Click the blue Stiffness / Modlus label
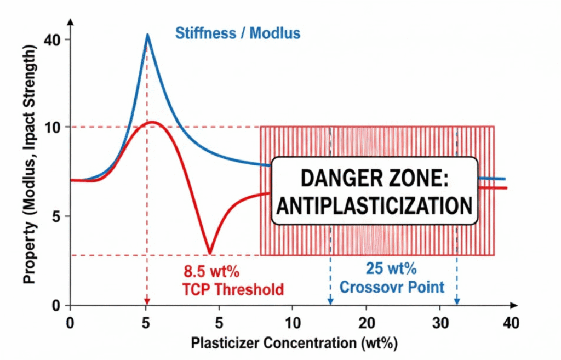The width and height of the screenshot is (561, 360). [237, 33]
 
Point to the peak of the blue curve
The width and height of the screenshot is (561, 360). [147, 35]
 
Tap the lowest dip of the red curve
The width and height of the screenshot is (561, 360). [209, 253]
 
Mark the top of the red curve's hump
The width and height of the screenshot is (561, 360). [153, 122]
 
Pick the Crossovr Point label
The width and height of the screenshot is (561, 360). [392, 287]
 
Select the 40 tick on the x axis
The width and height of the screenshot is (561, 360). [511, 323]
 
